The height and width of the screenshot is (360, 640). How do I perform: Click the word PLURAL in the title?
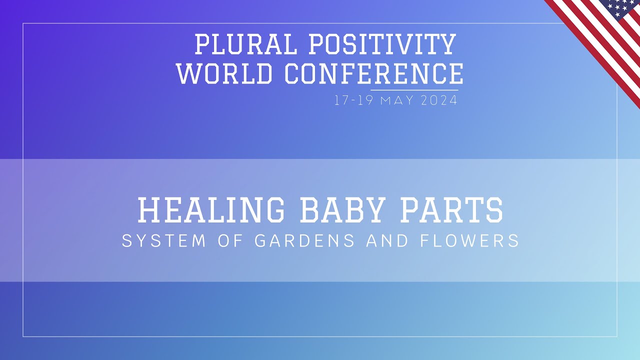[246, 44]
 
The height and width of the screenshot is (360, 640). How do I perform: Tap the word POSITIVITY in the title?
[383, 44]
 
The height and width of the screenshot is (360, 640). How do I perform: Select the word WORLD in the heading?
[224, 73]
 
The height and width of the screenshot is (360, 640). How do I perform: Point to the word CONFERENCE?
[374, 73]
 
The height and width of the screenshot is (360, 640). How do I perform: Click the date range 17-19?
[353, 100]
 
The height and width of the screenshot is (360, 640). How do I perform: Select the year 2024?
[439, 100]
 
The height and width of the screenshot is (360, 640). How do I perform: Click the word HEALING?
[211, 210]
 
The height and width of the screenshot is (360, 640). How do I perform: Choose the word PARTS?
[451, 210]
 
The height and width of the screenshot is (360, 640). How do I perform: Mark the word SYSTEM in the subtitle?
[163, 240]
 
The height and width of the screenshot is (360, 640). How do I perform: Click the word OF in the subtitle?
[230, 240]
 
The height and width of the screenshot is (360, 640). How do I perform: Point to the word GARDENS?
[304, 240]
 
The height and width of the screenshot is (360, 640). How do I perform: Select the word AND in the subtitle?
[387, 240]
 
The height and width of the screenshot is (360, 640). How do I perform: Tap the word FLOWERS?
[469, 240]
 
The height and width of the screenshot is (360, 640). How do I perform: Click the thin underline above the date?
[414, 90]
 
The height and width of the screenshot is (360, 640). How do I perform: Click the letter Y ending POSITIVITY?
[447, 44]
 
